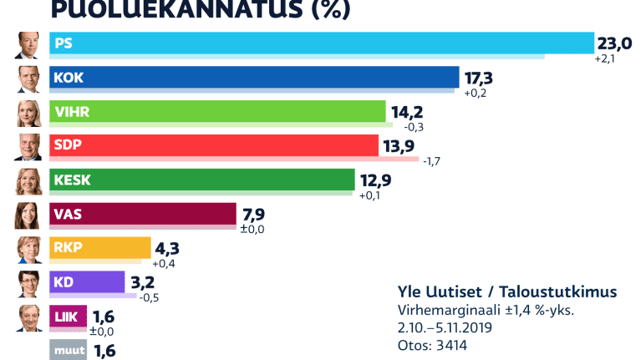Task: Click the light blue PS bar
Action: click(x=322, y=43)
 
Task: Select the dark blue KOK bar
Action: click(x=254, y=78)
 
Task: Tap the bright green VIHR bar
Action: click(x=217, y=112)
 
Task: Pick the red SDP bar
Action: click(x=214, y=145)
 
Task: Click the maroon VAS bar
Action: click(x=143, y=215)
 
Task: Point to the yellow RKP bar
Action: click(x=100, y=248)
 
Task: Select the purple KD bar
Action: click(x=87, y=282)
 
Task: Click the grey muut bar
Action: click(x=69, y=350)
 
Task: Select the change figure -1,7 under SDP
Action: click(x=431, y=161)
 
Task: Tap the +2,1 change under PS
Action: click(x=605, y=60)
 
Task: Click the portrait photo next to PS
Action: click(x=28, y=44)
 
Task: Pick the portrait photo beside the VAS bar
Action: click(x=28, y=215)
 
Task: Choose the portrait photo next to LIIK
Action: click(x=28, y=317)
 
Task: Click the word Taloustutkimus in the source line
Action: click(x=569, y=292)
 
